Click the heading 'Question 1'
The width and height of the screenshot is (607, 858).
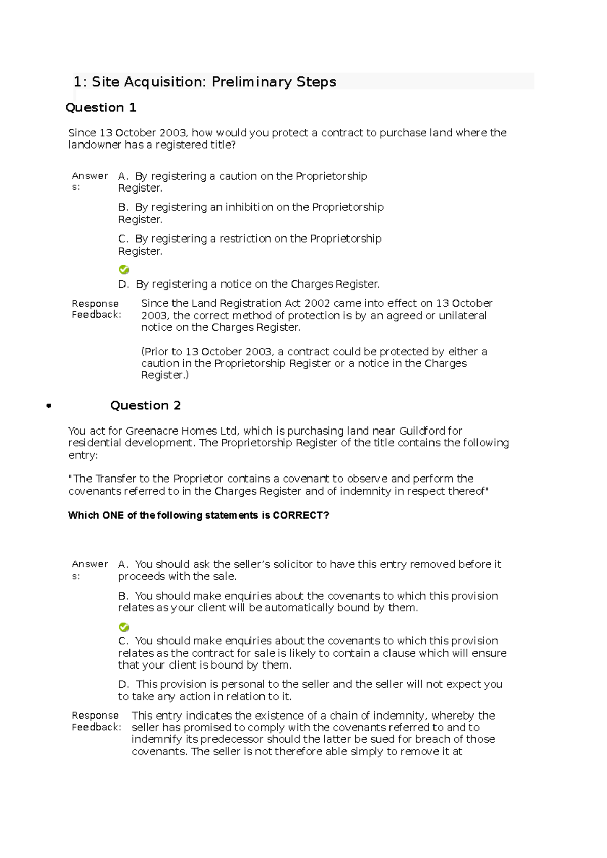click(101, 108)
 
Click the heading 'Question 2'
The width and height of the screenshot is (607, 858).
click(145, 405)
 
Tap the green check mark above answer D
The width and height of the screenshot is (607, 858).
click(124, 269)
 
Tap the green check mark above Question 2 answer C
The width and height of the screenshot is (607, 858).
click(124, 627)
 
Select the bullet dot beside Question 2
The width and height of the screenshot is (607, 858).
click(49, 405)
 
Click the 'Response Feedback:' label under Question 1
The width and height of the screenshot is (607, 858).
click(96, 309)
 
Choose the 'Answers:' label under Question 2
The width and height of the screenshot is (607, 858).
click(90, 569)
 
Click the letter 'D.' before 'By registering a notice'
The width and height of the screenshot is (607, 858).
click(124, 284)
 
